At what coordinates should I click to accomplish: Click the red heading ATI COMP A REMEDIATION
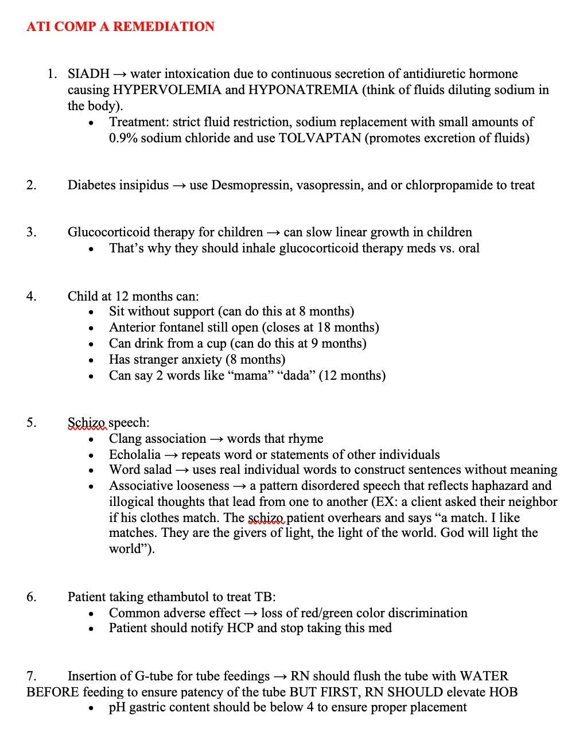pyautogui.click(x=121, y=26)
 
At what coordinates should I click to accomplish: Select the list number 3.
pyautogui.click(x=31, y=232)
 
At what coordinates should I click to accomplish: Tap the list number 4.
pyautogui.click(x=31, y=297)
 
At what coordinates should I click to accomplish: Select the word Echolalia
pyautogui.click(x=135, y=455)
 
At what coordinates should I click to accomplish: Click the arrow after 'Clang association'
pyautogui.click(x=216, y=439)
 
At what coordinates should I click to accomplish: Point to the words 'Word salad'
pyautogui.click(x=141, y=470)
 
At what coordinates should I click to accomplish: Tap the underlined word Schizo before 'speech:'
pyautogui.click(x=87, y=423)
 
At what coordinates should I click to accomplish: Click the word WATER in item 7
pyautogui.click(x=484, y=676)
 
